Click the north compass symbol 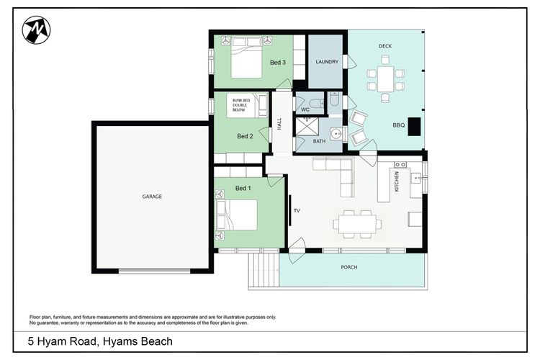click(x=36, y=30)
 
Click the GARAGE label click(x=152, y=197)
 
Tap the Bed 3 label click(x=278, y=63)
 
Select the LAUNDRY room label click(x=327, y=62)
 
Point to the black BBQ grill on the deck click(x=414, y=127)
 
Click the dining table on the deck click(x=385, y=79)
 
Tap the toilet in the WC click(x=317, y=103)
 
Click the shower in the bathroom click(x=307, y=126)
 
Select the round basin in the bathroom click(x=336, y=133)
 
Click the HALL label click(x=279, y=124)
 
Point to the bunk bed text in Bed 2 click(x=240, y=105)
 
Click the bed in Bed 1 click(x=236, y=215)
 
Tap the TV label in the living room click(x=297, y=210)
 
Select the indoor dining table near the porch click(x=357, y=224)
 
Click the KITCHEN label click(x=397, y=181)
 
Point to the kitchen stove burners click(x=400, y=165)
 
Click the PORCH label click(x=349, y=267)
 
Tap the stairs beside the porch click(x=264, y=270)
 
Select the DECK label click(x=385, y=46)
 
